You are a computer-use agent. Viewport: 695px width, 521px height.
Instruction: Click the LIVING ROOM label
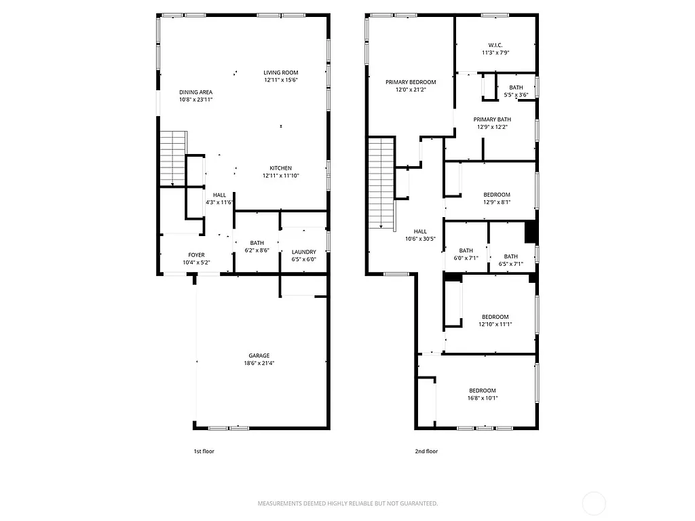pos(281,73)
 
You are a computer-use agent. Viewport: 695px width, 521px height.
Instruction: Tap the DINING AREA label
pos(196,92)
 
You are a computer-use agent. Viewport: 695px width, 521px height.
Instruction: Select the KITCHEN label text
pos(281,168)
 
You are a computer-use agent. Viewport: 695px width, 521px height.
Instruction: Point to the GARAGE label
pos(259,355)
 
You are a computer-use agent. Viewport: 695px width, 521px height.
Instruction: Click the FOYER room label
pos(196,255)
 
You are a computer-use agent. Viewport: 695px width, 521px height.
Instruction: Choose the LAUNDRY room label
pos(303,252)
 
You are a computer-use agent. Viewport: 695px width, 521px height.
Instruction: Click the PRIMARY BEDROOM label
pos(411,82)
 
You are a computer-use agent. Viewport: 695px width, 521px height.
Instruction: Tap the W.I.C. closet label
pos(495,45)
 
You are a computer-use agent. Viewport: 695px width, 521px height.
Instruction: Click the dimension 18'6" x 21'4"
pos(259,363)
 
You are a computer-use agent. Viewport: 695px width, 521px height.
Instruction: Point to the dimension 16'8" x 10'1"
pos(483,398)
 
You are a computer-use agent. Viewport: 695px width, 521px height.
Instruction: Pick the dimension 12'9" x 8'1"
pos(496,202)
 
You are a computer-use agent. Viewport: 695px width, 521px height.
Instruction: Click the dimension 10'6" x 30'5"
pos(420,239)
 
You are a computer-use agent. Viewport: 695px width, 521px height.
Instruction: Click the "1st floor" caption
pos(204,451)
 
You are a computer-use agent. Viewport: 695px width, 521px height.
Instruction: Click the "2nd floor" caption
pos(426,451)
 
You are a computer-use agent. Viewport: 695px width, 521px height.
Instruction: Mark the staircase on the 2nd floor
pos(382,183)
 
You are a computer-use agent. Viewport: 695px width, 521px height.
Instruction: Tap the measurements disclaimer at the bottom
pos(347,503)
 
